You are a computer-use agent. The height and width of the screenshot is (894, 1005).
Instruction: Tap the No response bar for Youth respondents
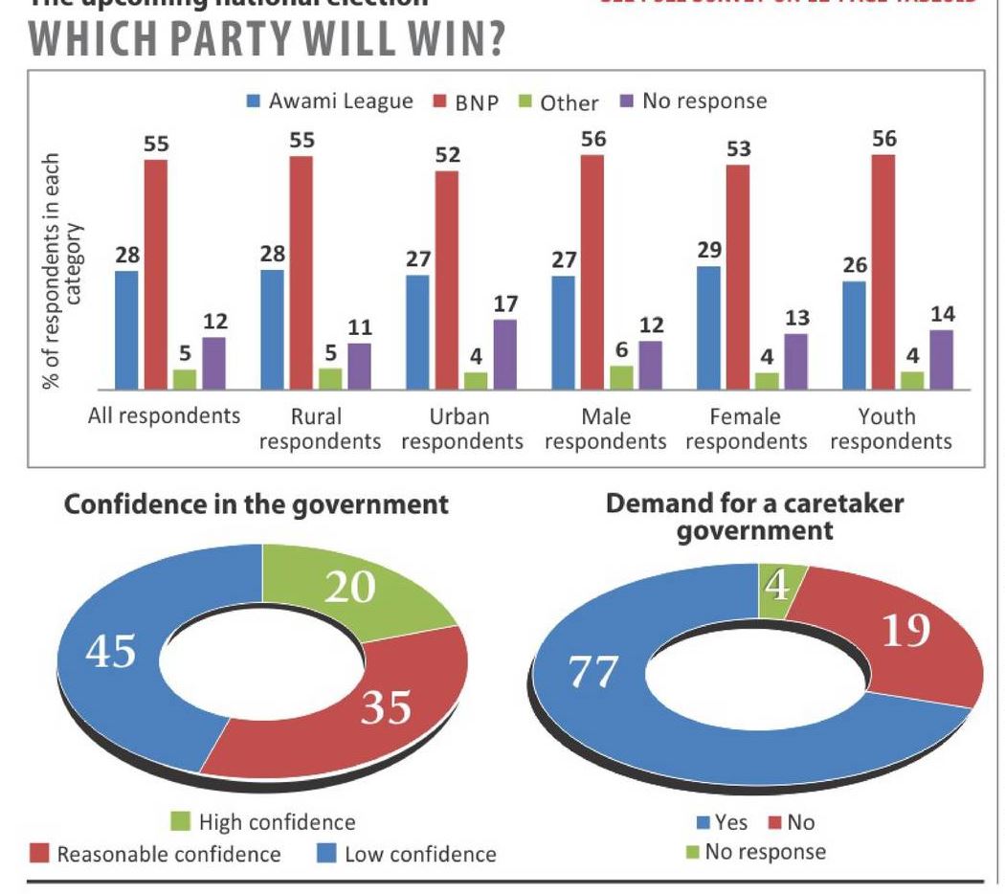coord(942,360)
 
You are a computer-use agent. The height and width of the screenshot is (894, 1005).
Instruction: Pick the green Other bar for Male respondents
coord(621,378)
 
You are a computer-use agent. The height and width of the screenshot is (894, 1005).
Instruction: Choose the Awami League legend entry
coord(329,101)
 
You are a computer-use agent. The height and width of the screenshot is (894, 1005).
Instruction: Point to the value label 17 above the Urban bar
coord(506,304)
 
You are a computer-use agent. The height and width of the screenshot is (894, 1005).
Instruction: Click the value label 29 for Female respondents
coord(709,250)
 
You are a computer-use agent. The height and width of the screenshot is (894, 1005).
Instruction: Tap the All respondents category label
coord(164,416)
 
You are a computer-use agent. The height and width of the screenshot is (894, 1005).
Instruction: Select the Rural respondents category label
coord(320,429)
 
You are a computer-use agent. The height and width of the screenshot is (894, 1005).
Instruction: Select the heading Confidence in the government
coord(256,504)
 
